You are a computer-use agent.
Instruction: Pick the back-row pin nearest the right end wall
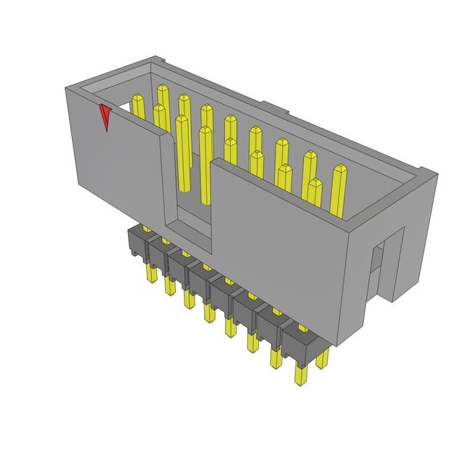point(339,189)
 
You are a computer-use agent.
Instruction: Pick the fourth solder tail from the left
point(209,310)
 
